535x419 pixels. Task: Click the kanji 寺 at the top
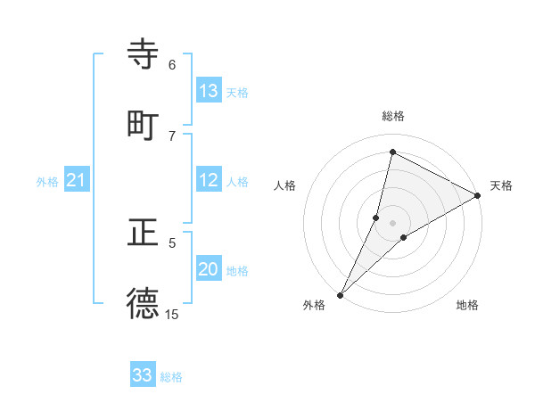pyautogui.click(x=143, y=54)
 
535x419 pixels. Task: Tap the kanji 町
pyautogui.click(x=143, y=125)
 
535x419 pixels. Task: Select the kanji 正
pyautogui.click(x=143, y=233)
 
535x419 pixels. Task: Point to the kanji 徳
pyautogui.click(x=143, y=303)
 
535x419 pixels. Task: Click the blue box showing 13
pyautogui.click(x=209, y=90)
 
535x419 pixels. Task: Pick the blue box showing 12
pyautogui.click(x=209, y=180)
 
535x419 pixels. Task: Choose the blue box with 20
pyautogui.click(x=209, y=269)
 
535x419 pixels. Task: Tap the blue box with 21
pyautogui.click(x=76, y=180)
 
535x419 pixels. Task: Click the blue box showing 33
pyautogui.click(x=143, y=375)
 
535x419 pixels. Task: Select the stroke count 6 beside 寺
pyautogui.click(x=172, y=64)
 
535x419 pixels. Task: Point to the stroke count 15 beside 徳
pyautogui.click(x=172, y=314)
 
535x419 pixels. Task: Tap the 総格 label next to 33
pyautogui.click(x=171, y=377)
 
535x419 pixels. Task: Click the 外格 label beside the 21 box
pyautogui.click(x=47, y=182)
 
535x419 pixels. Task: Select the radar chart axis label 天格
pyautogui.click(x=501, y=185)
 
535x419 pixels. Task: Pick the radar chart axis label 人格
pyautogui.click(x=284, y=185)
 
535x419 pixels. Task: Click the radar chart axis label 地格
pyautogui.click(x=467, y=305)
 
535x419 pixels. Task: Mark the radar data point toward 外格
pyautogui.click(x=340, y=294)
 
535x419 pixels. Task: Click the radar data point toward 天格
pyautogui.click(x=478, y=196)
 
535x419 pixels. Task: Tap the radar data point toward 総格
pyautogui.click(x=392, y=152)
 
